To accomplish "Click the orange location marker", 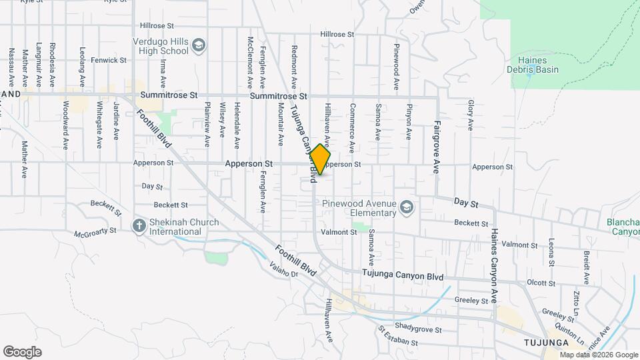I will click(320, 159).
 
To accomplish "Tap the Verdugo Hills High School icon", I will click(198, 45).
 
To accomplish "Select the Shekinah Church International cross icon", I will click(139, 226).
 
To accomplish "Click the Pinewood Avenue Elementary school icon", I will click(407, 208).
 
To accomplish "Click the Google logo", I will click(22, 352).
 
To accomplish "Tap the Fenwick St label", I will click(109, 60).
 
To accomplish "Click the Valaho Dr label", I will click(283, 271).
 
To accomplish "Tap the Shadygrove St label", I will click(418, 329).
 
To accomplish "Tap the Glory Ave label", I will click(470, 115).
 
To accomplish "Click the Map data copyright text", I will click(598, 355).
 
